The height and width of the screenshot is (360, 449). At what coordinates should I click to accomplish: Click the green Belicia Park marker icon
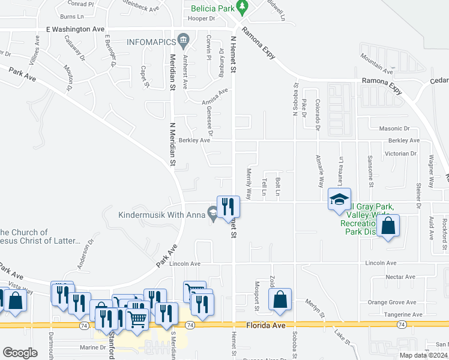click(x=243, y=8)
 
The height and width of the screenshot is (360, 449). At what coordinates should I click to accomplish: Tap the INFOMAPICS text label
click(x=151, y=42)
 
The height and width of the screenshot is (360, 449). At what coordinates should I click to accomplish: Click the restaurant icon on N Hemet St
click(x=228, y=206)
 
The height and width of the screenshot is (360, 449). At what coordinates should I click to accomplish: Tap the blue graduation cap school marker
click(x=339, y=199)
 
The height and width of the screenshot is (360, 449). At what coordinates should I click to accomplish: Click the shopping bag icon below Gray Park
click(x=388, y=226)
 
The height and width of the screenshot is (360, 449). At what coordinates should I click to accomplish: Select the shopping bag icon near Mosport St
click(x=280, y=299)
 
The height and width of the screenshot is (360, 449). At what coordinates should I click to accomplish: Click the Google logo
click(x=20, y=352)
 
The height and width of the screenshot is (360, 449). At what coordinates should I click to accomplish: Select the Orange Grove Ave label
click(x=392, y=302)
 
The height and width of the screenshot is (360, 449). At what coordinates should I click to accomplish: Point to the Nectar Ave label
click(x=400, y=277)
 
